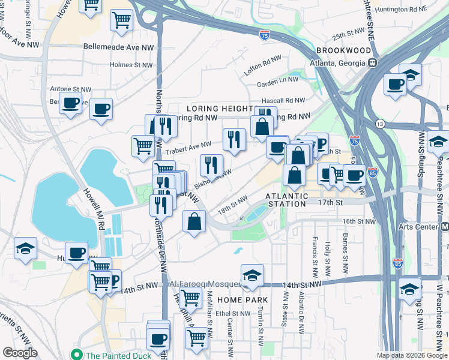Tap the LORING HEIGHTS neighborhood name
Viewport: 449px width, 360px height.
pyautogui.click(x=218, y=109)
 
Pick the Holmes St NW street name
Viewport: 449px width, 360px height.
pyautogui.click(x=132, y=65)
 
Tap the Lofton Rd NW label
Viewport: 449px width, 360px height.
pyautogui.click(x=262, y=65)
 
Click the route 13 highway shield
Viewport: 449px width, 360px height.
pyautogui.click(x=379, y=124)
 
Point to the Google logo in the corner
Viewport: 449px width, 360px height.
pyautogui.click(x=20, y=353)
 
